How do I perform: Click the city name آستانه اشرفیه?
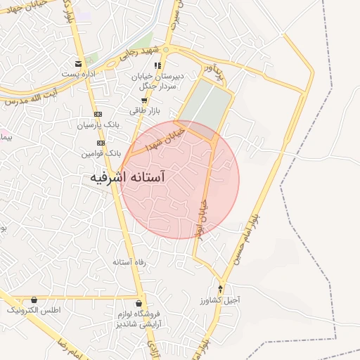(x=139, y=178)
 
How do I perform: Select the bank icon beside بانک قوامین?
(x=101, y=142)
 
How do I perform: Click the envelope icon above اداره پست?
(x=79, y=63)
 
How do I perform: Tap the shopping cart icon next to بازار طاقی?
(x=145, y=101)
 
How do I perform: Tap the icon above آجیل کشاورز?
(x=221, y=288)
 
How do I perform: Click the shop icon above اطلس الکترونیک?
(x=34, y=300)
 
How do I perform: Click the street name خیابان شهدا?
(x=165, y=139)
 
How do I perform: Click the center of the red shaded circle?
(x=179, y=179)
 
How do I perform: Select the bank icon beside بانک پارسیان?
(x=98, y=114)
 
